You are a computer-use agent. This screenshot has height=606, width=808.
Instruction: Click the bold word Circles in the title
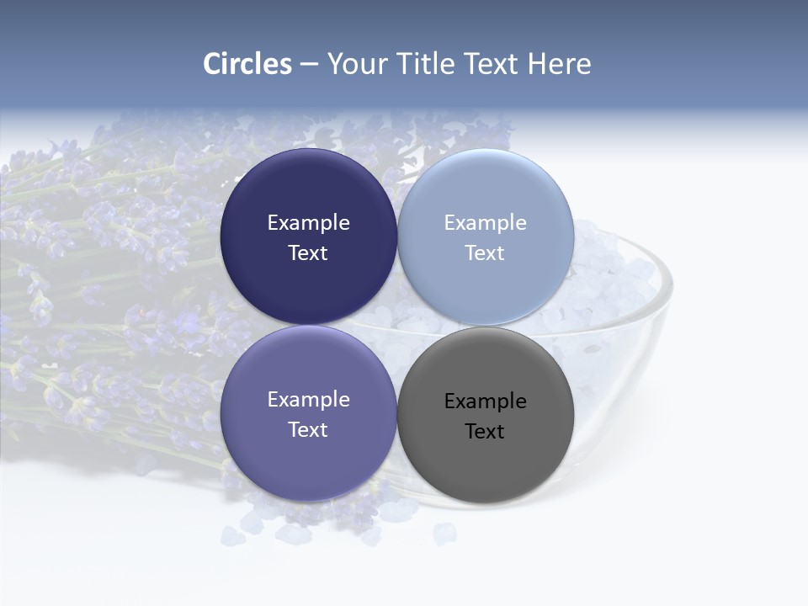coord(247,64)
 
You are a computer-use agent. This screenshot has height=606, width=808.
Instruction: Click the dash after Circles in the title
coord(309,65)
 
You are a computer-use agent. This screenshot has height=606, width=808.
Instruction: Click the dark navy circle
coord(308,189)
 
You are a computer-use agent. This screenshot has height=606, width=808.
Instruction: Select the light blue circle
coord(486,189)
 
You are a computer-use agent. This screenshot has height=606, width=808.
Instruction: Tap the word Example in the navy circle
coord(308,223)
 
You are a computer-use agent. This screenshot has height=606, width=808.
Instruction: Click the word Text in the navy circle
coord(308,253)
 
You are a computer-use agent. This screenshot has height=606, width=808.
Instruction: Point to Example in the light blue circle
coord(485,223)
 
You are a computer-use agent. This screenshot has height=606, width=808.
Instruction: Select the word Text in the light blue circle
coord(485,253)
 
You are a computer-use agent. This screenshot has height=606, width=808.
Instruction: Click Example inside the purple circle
coord(308,400)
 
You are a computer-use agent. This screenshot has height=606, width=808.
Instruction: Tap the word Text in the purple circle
coord(308,430)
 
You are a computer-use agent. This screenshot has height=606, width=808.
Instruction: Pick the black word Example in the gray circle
coord(485,401)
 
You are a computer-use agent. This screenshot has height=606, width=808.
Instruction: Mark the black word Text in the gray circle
coord(485,432)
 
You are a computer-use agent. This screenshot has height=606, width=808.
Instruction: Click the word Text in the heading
coord(493,64)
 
